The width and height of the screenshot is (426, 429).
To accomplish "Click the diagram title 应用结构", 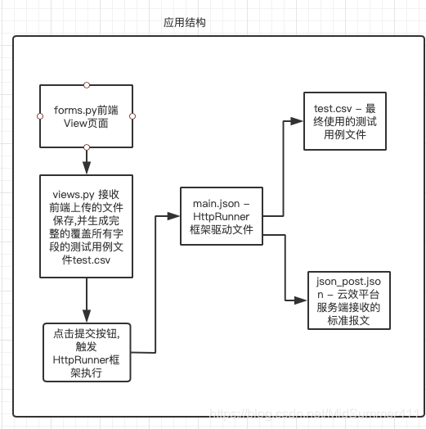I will [184, 22].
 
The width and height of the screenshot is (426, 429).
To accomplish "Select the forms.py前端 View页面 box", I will [87, 115].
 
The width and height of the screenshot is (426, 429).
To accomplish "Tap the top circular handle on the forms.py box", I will [87, 84].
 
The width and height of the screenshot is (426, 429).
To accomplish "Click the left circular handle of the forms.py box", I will [40, 115].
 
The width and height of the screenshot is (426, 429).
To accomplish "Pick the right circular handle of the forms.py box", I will [133, 115].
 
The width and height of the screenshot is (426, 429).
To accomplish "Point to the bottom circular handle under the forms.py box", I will [87, 147].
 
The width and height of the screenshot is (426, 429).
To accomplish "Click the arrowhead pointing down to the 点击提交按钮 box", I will [86, 316].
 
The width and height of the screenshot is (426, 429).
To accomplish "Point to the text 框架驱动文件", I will [222, 230].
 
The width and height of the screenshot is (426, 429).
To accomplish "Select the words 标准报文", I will [349, 320].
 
